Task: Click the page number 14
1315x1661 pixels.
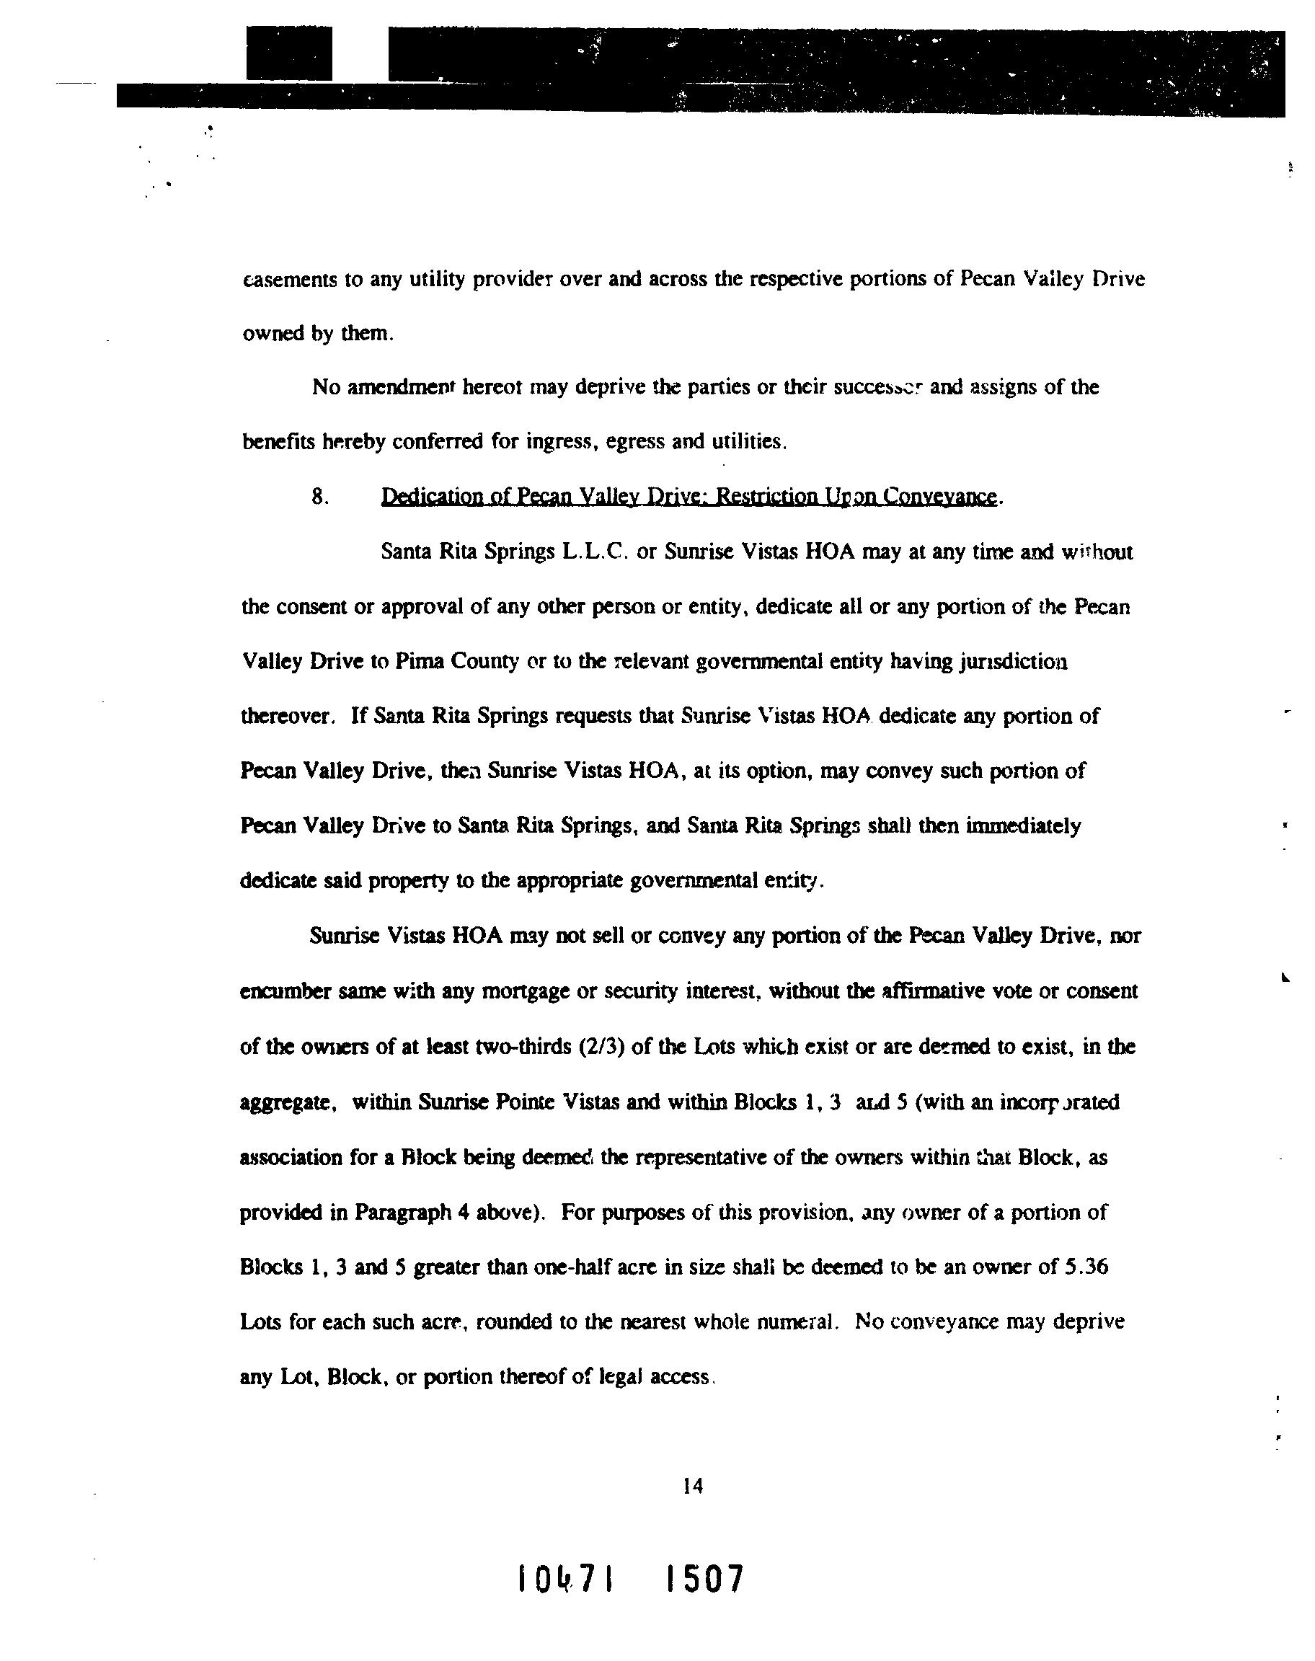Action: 692,1487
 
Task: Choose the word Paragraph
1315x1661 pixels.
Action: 403,1213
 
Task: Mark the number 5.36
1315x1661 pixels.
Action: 1085,1267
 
